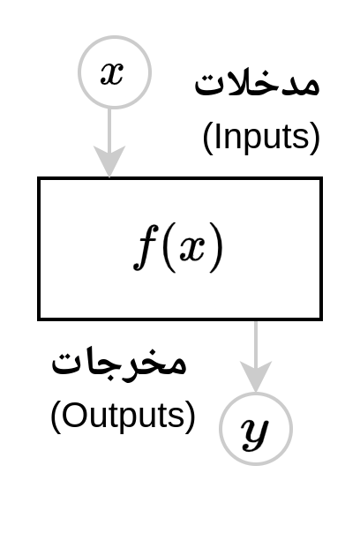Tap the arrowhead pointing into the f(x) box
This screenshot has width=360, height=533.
pos(109,161)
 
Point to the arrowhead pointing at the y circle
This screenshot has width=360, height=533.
pos(256,377)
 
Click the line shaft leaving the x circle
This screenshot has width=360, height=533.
pos(109,127)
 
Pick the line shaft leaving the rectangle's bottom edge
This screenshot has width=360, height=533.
pos(256,342)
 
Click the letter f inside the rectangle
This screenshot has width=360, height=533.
pos(146,247)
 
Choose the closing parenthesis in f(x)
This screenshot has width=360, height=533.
pos(216,247)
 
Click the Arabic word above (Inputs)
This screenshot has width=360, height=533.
pos(257,83)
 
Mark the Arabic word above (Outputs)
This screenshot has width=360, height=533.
pos(119,363)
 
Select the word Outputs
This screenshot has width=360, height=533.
pos(123,416)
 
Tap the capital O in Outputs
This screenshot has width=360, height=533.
pos(73,415)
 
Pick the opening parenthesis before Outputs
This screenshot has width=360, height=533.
pos(56,417)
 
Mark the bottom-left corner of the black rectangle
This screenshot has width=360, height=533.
pos(40,319)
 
